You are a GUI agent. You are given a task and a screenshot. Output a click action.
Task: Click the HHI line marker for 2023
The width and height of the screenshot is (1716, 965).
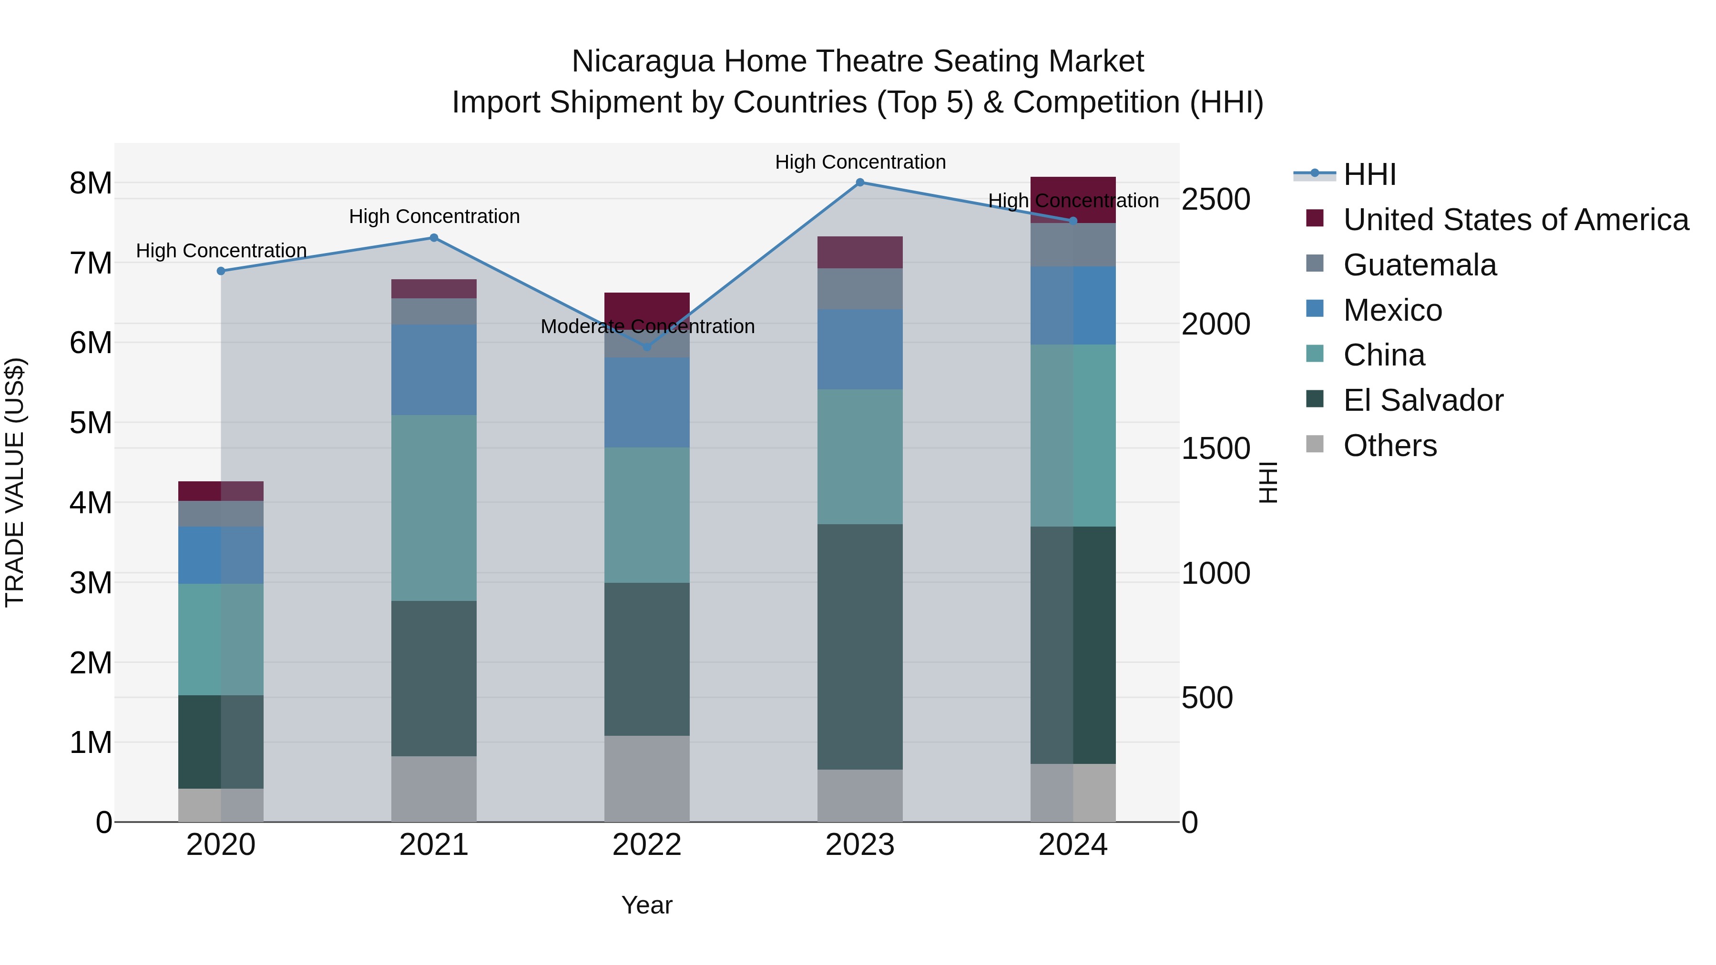pyautogui.click(x=859, y=183)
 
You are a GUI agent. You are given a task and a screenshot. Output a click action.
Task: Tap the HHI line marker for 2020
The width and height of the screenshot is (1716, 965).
pyautogui.click(x=221, y=271)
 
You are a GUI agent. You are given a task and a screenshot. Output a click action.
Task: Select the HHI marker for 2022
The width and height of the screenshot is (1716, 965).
pyautogui.click(x=646, y=347)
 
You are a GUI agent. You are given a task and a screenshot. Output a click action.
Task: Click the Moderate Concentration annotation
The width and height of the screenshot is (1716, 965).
pyautogui.click(x=647, y=326)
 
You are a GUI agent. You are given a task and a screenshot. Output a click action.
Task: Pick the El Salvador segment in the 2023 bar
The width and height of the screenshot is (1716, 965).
pyautogui.click(x=859, y=646)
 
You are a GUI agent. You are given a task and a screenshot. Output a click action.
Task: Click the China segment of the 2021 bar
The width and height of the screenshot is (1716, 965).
pyautogui.click(x=434, y=508)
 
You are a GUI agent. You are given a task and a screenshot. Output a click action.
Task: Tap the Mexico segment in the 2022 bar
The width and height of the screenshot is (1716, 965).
pyautogui.click(x=646, y=402)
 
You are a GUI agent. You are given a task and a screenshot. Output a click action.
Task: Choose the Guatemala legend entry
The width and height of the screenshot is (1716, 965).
pyautogui.click(x=1419, y=265)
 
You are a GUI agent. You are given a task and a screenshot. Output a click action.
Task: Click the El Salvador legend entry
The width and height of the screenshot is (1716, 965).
pyautogui.click(x=1423, y=400)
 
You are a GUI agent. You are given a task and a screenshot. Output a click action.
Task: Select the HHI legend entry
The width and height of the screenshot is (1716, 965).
pyautogui.click(x=1369, y=174)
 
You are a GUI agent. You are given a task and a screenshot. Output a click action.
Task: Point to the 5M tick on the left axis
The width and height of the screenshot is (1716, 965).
pyautogui.click(x=91, y=423)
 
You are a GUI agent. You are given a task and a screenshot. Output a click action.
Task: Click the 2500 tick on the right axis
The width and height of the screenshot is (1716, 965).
pyautogui.click(x=1215, y=199)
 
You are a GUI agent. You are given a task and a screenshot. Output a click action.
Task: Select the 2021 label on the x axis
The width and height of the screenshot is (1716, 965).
pyautogui.click(x=434, y=845)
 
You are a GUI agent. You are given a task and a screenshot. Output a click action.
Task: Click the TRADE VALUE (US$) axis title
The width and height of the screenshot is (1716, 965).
pyautogui.click(x=15, y=482)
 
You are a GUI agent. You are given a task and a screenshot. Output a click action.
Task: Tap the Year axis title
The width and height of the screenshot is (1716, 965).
pyautogui.click(x=646, y=905)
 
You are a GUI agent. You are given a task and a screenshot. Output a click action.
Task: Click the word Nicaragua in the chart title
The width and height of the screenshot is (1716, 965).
pyautogui.click(x=643, y=61)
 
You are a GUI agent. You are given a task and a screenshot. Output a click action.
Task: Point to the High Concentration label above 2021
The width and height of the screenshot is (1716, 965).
pyautogui.click(x=434, y=216)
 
